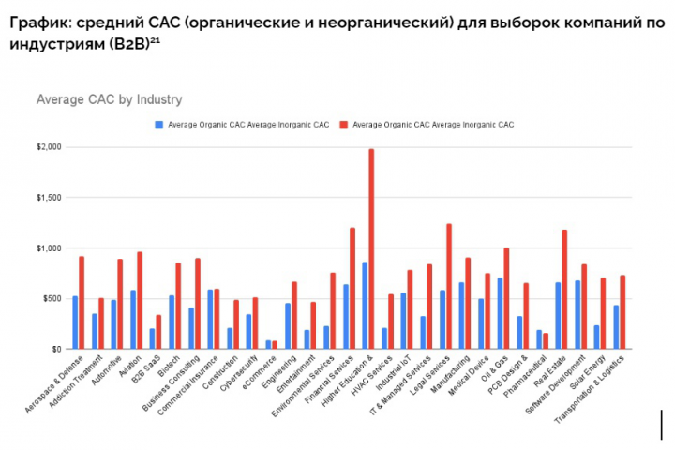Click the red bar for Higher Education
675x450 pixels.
coord(371,248)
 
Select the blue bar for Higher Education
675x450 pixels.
coord(364,306)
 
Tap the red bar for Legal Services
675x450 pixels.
coord(449,286)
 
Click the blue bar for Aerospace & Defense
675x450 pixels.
coord(75,322)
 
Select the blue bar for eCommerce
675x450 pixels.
coord(268,344)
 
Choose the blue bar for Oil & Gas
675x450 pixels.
coord(500,313)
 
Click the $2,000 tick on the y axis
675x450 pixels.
coord(49,147)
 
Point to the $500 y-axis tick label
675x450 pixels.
coord(51,298)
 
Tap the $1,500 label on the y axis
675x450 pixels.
coord(49,198)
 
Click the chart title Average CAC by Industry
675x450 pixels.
coord(109,99)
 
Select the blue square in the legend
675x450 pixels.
coord(160,124)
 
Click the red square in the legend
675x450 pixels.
coord(345,124)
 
